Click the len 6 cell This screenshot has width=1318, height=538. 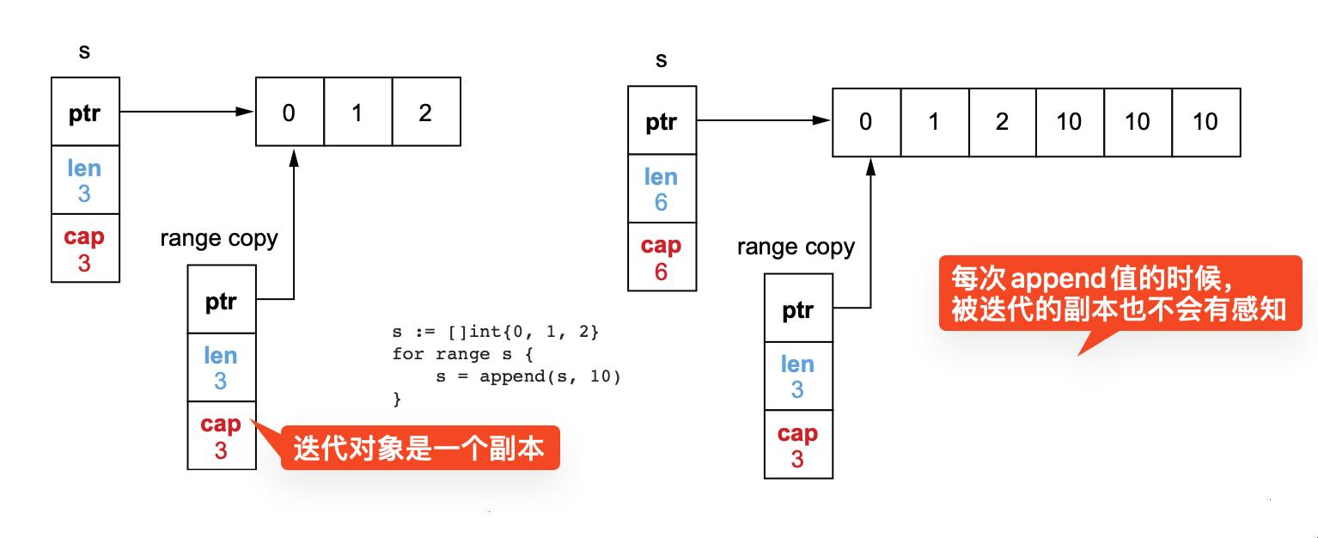(x=661, y=189)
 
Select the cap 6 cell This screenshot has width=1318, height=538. (x=661, y=258)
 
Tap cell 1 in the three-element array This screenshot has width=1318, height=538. (x=357, y=113)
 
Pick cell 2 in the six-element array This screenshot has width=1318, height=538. (x=1002, y=122)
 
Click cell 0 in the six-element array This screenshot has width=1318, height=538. (x=866, y=122)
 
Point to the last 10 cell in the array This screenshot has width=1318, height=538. (x=1205, y=122)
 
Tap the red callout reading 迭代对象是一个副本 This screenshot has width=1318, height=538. (x=419, y=448)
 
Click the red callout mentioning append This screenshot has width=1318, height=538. (x=1119, y=293)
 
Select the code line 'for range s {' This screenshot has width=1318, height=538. (x=463, y=353)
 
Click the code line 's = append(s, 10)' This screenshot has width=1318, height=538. (x=528, y=376)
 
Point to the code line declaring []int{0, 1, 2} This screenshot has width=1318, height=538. (x=495, y=331)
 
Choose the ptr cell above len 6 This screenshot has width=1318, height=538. (x=661, y=122)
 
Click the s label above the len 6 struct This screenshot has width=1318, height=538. (x=661, y=60)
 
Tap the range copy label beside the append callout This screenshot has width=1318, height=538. (x=796, y=248)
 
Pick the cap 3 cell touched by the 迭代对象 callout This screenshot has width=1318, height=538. (x=221, y=437)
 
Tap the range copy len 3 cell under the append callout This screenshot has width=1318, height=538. (x=797, y=376)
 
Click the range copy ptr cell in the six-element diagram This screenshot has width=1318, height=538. (x=797, y=309)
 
